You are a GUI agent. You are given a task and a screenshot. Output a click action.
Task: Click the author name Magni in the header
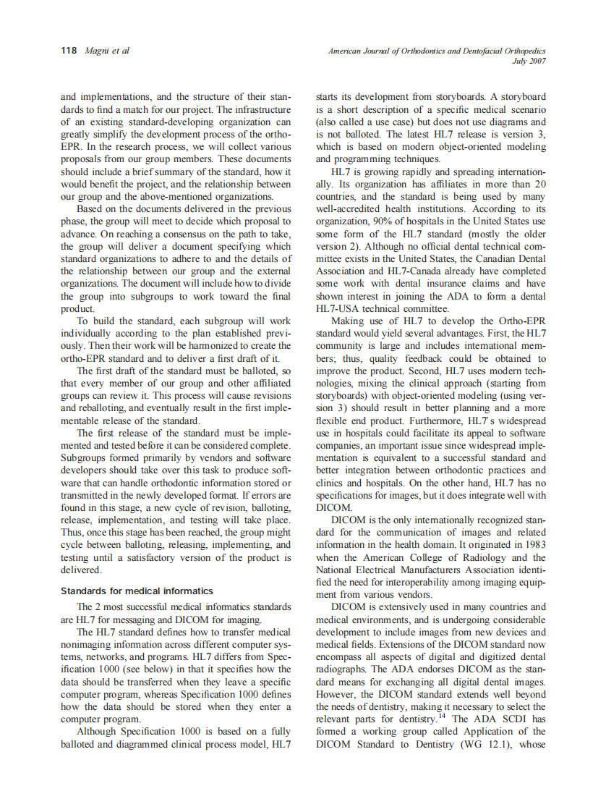[97, 51]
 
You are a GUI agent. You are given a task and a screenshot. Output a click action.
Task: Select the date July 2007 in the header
[528, 62]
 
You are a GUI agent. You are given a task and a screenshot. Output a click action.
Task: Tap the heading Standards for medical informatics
[137, 591]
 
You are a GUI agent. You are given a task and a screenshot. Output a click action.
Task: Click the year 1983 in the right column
[533, 544]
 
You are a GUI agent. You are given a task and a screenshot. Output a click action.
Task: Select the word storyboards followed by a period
[518, 97]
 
